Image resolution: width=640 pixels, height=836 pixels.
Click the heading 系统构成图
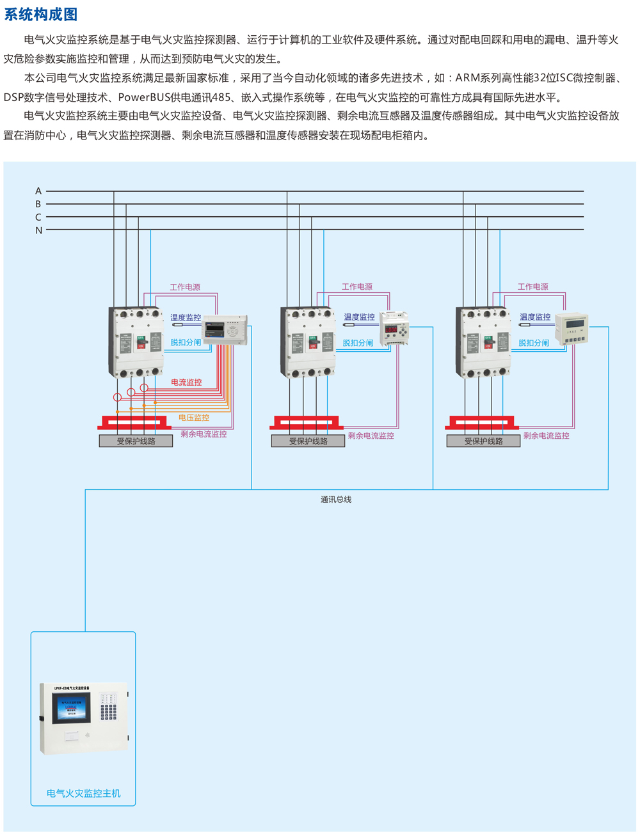point(41,14)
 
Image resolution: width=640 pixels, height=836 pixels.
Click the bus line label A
point(38,191)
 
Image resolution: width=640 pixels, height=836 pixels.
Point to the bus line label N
point(38,230)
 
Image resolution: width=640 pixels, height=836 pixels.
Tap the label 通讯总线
point(336,499)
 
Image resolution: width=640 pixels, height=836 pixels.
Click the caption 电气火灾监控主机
point(83,793)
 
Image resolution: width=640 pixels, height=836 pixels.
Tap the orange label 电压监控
point(193,417)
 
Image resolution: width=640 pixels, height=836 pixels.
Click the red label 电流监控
point(186,382)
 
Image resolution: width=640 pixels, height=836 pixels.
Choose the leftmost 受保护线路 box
point(136,441)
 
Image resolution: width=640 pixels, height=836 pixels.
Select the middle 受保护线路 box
point(308,441)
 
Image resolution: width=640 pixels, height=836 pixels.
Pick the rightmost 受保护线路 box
point(483,441)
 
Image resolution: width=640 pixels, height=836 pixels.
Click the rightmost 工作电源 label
point(532,287)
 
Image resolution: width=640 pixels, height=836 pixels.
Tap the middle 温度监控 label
point(359,317)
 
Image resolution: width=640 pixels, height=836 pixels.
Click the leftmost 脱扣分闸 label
point(186,342)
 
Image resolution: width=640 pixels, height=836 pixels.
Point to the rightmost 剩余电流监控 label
point(546,435)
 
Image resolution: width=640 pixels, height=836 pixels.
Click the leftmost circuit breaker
point(136,342)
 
